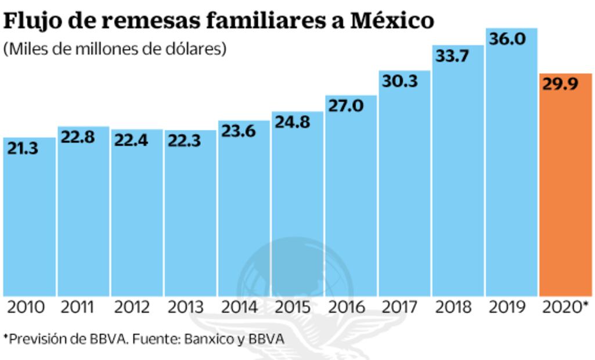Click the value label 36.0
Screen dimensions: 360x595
click(x=507, y=39)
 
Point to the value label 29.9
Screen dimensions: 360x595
click(x=560, y=85)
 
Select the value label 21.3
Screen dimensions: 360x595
click(x=24, y=149)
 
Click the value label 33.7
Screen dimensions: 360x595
click(x=453, y=56)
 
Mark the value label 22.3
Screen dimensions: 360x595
click(x=185, y=141)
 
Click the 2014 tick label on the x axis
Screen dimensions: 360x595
click(x=240, y=307)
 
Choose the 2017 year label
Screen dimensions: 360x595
click(x=400, y=307)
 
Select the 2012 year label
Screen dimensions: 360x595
click(x=133, y=307)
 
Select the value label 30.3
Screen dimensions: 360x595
click(x=400, y=81)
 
